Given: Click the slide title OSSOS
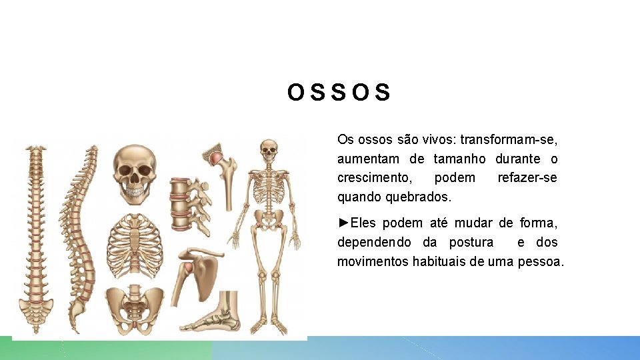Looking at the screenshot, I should click(x=339, y=93).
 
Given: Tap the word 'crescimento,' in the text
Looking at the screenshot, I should click(x=374, y=178).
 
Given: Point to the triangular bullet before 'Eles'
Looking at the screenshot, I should click(x=343, y=223).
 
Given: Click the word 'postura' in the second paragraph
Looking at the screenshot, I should click(x=471, y=242).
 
